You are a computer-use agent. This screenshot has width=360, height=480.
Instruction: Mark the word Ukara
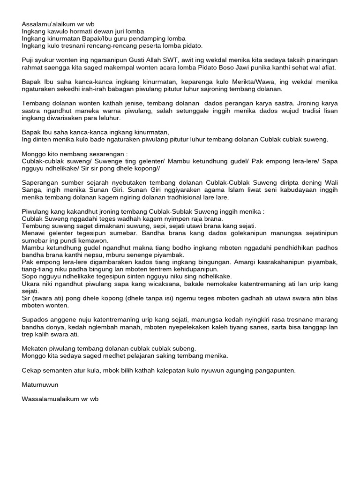(31, 284)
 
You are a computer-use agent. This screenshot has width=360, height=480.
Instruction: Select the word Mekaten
(35, 348)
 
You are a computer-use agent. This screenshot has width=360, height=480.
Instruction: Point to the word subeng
(184, 348)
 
